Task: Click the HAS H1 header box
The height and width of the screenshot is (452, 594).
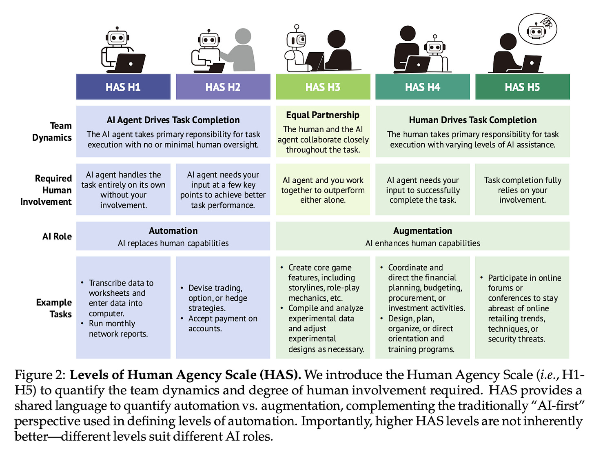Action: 123,87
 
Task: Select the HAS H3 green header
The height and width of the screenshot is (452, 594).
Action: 323,87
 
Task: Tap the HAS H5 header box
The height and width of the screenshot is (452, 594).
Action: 522,87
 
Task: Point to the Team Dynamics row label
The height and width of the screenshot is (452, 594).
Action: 52,131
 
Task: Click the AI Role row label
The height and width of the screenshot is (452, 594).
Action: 57,237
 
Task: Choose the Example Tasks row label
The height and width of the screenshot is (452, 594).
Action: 54,308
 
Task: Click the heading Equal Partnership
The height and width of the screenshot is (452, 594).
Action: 323,115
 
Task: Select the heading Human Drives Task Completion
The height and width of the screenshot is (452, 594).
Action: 473,120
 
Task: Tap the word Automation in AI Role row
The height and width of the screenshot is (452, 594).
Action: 173,231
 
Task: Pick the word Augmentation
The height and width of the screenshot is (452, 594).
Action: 423,231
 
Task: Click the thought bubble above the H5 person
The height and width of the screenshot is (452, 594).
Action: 537,30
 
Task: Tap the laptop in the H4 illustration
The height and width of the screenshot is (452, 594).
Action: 417,64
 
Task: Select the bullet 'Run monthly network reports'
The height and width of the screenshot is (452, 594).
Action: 118,329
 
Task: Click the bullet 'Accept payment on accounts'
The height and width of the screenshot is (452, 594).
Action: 222,323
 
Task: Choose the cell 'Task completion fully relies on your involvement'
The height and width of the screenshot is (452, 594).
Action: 523,190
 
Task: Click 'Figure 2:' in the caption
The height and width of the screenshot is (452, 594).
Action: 40,375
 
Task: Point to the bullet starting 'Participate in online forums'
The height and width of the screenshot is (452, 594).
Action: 524,308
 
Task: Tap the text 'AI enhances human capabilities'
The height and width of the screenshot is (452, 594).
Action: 423,243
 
